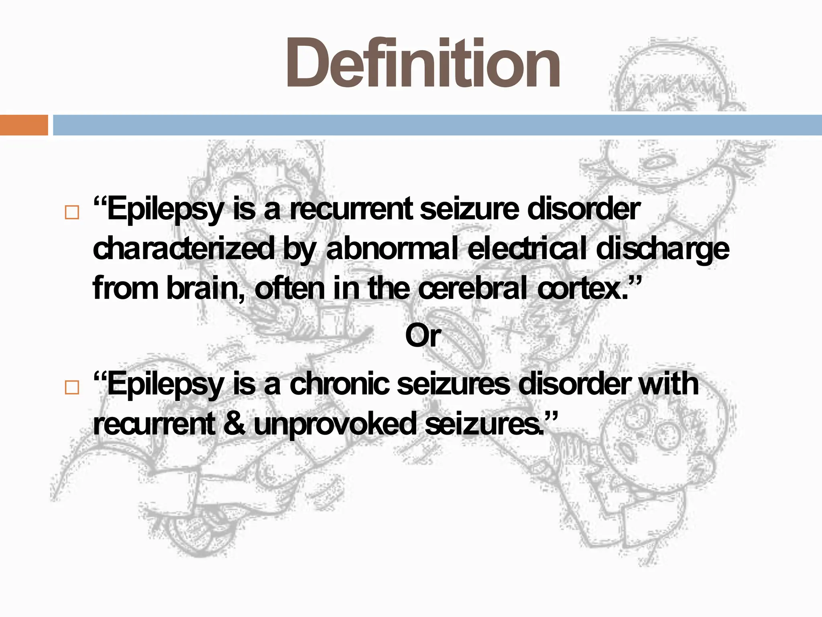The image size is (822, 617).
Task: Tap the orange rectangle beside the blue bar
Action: [24, 125]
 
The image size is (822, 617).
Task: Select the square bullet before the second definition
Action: [72, 387]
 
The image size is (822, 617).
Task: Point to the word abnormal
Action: [392, 249]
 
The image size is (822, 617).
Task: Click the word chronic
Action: [339, 384]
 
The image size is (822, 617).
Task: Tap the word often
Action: [289, 288]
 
